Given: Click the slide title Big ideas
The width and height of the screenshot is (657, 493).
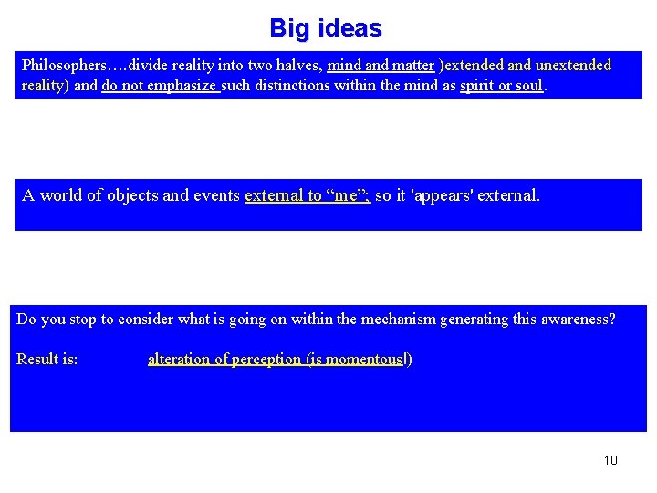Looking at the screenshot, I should (x=326, y=28).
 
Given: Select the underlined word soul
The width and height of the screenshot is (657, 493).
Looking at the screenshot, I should (x=528, y=86).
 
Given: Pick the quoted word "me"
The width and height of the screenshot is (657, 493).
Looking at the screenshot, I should (x=347, y=195).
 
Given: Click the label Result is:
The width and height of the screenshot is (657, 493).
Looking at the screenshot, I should (x=47, y=360).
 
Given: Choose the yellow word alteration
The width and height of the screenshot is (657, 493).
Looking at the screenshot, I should (x=180, y=360).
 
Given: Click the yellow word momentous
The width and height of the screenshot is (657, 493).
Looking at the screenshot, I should (x=365, y=360).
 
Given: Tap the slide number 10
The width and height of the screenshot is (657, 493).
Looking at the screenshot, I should (x=610, y=460).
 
